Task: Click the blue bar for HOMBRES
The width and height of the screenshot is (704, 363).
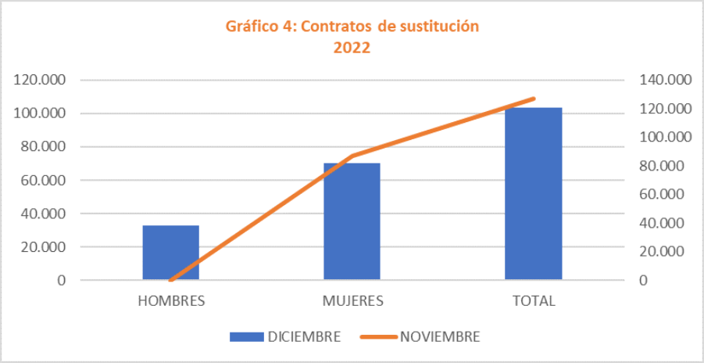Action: click(x=170, y=252)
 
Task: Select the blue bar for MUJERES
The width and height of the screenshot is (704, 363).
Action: click(x=352, y=221)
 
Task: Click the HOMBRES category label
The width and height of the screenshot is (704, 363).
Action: click(x=171, y=301)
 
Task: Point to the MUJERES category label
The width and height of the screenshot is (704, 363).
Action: click(x=352, y=301)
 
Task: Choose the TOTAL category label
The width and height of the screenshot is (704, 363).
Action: click(x=534, y=301)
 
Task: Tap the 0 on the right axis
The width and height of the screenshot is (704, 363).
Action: click(x=643, y=280)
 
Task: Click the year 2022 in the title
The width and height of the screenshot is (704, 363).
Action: click(x=352, y=47)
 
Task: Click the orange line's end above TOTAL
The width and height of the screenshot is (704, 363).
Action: click(x=534, y=99)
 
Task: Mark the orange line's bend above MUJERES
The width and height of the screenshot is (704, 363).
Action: click(x=352, y=156)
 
